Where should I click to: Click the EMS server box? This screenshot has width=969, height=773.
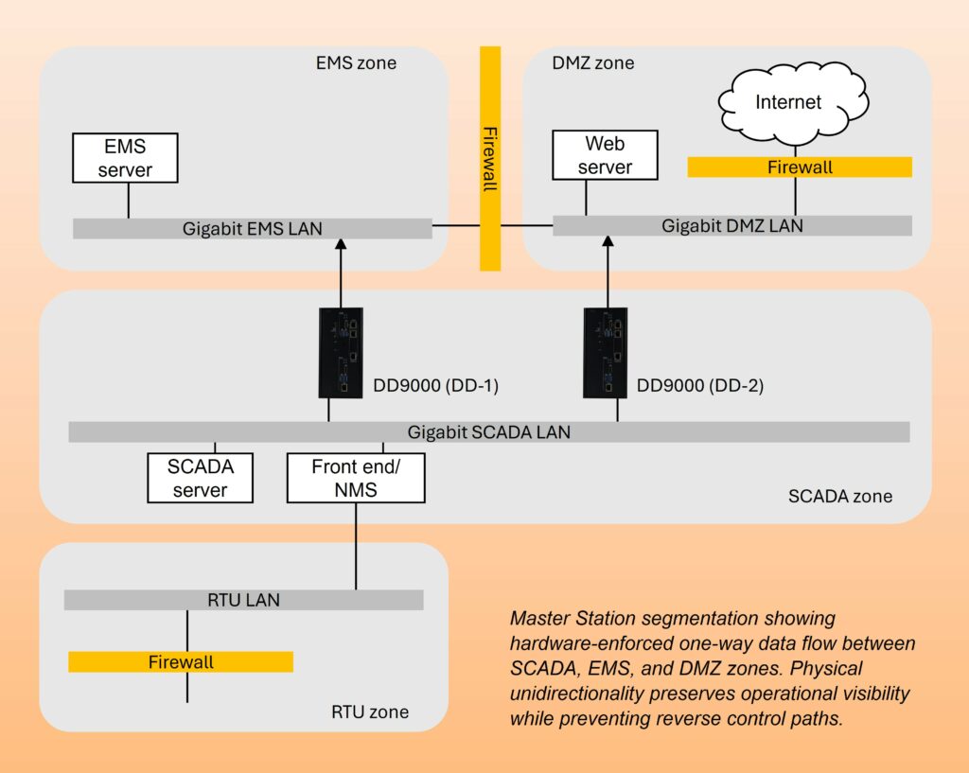point(125,158)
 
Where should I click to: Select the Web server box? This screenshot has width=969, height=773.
point(605,155)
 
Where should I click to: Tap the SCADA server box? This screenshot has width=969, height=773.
point(200,478)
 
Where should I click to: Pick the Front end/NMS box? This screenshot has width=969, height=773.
point(356,478)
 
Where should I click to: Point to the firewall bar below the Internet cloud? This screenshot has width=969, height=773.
point(799,167)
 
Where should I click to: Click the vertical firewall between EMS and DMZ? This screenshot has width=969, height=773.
point(489,158)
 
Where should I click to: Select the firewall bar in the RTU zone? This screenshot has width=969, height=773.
point(181,661)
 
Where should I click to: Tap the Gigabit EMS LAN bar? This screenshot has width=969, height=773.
point(252,228)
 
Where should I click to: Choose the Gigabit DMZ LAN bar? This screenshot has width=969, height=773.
point(731,225)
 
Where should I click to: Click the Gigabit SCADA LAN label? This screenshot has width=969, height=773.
point(488,432)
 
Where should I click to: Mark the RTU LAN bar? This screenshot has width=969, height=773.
point(243,600)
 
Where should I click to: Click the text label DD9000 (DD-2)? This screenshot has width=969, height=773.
point(700,385)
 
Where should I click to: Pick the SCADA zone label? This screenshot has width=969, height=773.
point(839,496)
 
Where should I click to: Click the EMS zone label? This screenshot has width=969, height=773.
point(356,63)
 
